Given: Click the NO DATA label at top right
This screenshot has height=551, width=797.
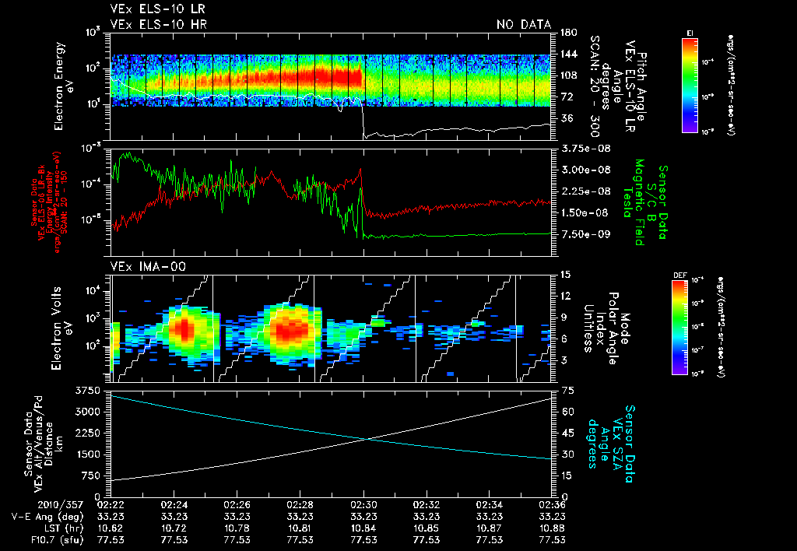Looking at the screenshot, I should click(524, 24).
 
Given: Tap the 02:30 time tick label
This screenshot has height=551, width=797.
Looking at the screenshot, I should click(363, 504).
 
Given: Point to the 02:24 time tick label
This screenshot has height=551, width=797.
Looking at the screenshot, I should click(174, 504).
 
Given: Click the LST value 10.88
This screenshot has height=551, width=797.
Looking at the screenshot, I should click(552, 527).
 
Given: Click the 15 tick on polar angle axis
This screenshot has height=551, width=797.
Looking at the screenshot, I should click(564, 274).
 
